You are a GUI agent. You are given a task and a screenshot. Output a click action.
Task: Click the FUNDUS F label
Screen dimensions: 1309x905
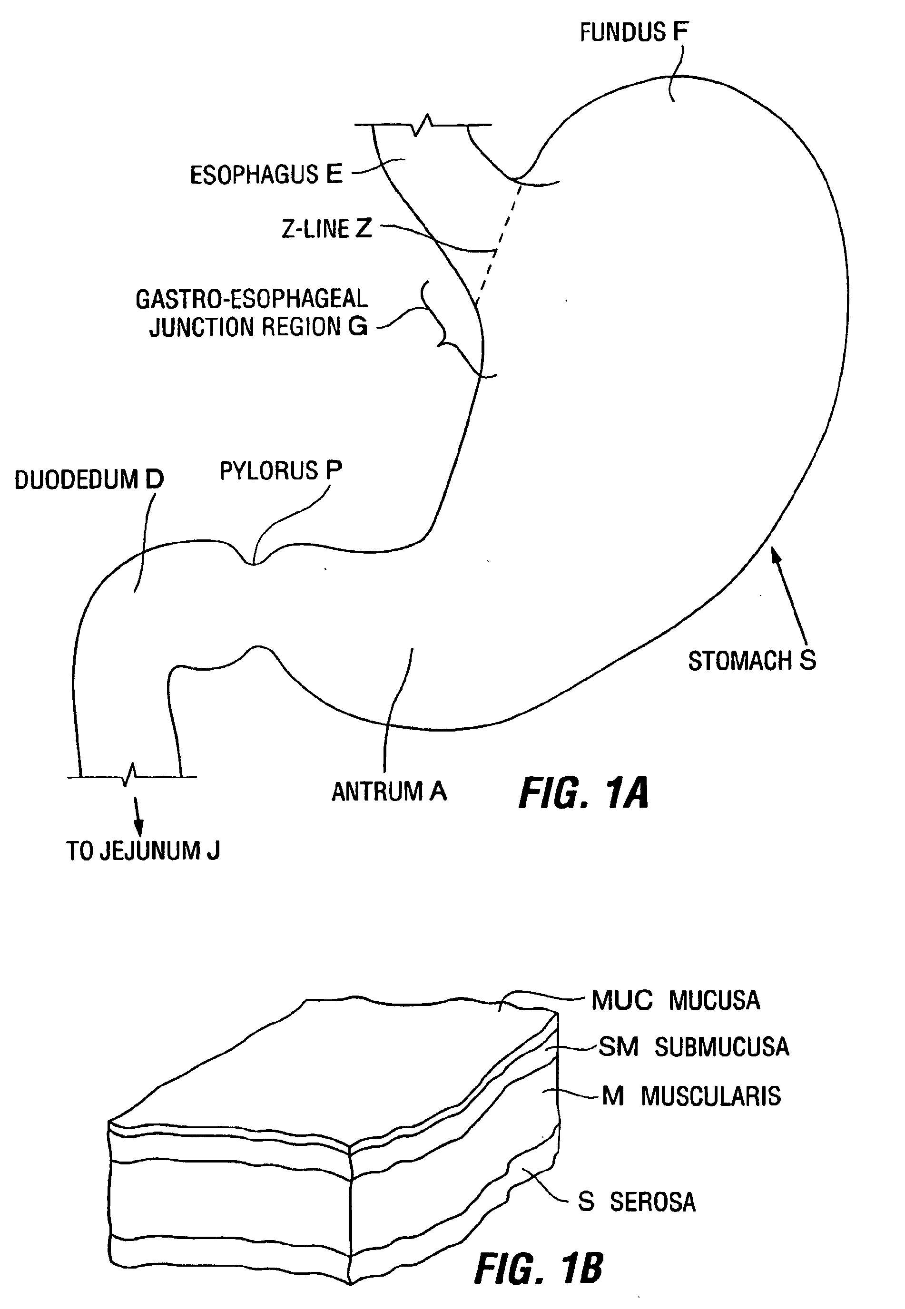(x=633, y=32)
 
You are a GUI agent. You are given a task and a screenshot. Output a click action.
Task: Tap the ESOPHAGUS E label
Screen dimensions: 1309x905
(x=266, y=175)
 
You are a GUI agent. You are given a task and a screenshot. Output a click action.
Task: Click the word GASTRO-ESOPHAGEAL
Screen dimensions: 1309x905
(x=252, y=299)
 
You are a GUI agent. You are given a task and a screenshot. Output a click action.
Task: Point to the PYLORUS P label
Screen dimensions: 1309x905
(x=281, y=470)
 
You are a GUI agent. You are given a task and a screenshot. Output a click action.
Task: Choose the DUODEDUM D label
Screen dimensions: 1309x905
(x=89, y=479)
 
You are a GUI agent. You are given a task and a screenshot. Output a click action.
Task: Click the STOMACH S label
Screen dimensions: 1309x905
(x=752, y=661)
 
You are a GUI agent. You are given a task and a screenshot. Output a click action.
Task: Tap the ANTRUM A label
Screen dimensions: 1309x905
(x=389, y=791)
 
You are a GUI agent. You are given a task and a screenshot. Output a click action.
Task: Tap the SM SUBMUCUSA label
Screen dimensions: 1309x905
(x=693, y=1047)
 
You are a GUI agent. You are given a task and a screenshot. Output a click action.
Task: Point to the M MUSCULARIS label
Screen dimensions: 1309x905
(x=691, y=1096)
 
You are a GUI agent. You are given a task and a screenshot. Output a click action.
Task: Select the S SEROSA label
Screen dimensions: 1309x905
(x=636, y=1202)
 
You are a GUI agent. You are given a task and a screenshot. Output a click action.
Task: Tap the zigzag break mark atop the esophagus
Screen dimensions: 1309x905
(x=423, y=125)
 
